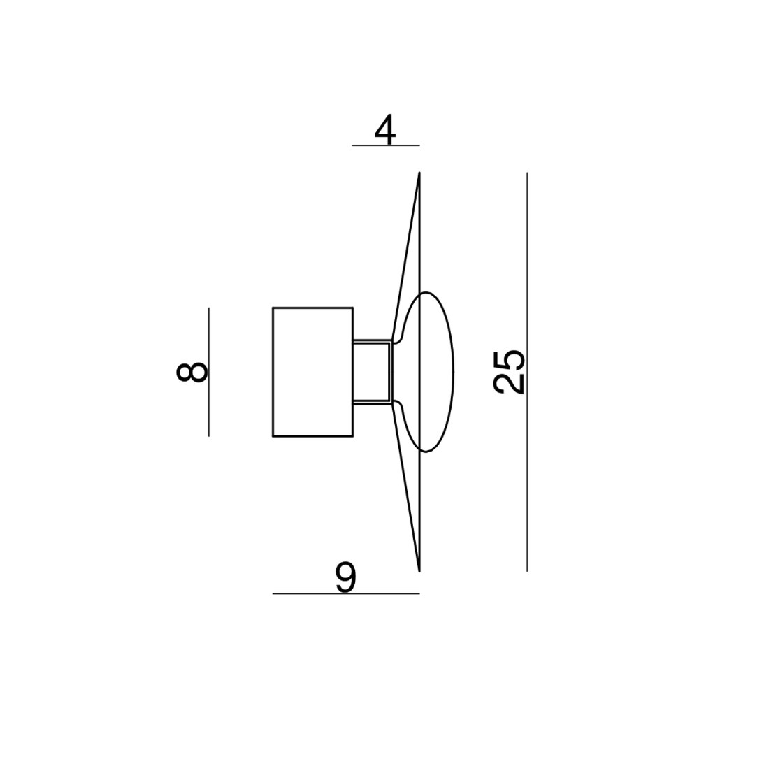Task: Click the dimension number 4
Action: (385, 130)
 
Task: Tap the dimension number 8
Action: (192, 372)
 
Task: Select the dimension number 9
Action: (345, 578)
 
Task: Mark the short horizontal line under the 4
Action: (385, 146)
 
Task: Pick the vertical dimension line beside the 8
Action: (208, 372)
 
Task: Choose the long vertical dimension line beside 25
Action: (527, 372)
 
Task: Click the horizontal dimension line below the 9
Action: (345, 594)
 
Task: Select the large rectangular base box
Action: (312, 372)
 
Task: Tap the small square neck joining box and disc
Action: (372, 372)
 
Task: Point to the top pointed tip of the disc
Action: (419, 174)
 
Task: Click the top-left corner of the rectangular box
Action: (273, 307)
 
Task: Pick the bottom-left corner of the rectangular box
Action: (273, 437)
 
